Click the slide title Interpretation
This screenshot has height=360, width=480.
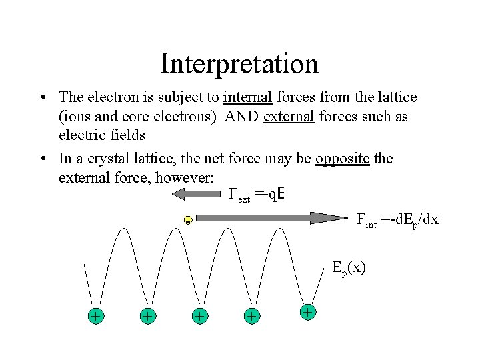tap(239, 64)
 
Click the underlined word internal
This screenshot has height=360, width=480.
tap(248, 98)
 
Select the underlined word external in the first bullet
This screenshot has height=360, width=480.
tap(289, 117)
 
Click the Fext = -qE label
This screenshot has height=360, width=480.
tap(257, 195)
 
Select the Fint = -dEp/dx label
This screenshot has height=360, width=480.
tap(397, 219)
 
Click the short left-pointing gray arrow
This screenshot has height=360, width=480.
tap(196, 194)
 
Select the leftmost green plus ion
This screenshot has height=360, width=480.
tap(96, 316)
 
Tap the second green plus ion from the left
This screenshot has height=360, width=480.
tap(148, 316)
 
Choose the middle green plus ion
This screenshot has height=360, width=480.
tap(199, 316)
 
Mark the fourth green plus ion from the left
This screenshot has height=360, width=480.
tap(251, 316)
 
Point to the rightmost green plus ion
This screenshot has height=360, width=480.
tap(307, 311)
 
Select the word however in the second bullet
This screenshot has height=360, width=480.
tap(188, 178)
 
